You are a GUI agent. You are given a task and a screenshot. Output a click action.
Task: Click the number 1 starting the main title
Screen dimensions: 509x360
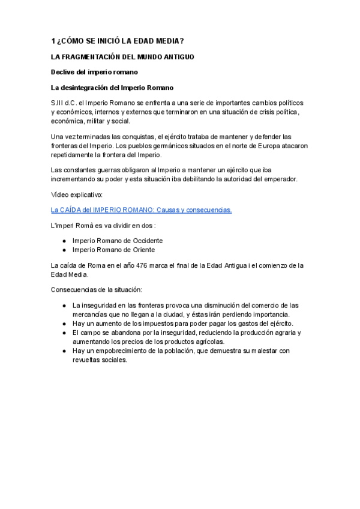click(x=53, y=41)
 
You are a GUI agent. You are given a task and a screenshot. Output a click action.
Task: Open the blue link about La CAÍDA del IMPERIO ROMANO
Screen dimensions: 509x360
click(x=142, y=210)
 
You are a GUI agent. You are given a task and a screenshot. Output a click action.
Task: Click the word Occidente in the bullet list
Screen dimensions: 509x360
click(x=146, y=241)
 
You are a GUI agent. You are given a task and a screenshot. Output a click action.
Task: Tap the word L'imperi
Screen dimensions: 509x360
click(x=64, y=226)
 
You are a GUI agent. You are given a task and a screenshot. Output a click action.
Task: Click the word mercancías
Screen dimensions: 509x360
click(x=93, y=315)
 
